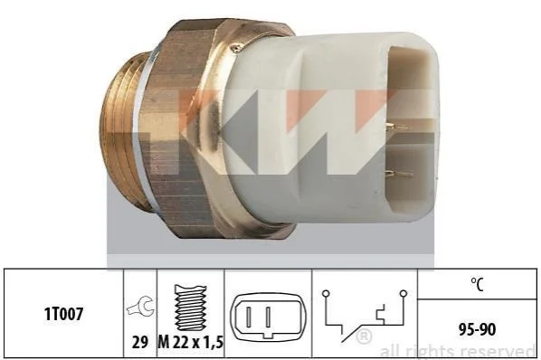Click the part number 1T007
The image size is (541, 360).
pyautogui.click(x=63, y=314)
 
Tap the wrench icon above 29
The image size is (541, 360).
pyautogui.click(x=140, y=307)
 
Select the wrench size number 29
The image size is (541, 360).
pyautogui.click(x=140, y=343)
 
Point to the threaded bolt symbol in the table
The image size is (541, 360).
pyautogui.click(x=190, y=308)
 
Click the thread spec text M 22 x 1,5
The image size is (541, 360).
pyautogui.click(x=191, y=343)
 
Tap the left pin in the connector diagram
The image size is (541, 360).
pyautogui.click(x=249, y=317)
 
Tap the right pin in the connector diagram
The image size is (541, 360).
pyautogui.click(x=268, y=317)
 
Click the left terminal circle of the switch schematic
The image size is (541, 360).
pyautogui.click(x=326, y=294)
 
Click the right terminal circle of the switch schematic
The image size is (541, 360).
pyautogui.click(x=403, y=293)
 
